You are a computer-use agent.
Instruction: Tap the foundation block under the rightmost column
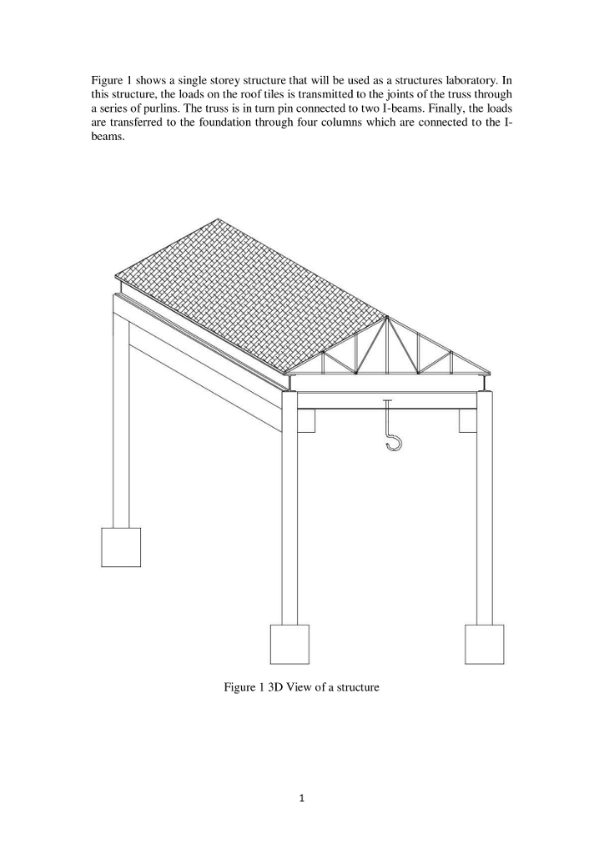(485, 644)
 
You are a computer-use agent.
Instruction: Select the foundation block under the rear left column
(121, 547)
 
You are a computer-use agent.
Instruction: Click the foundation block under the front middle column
(289, 644)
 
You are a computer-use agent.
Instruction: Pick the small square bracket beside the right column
(467, 421)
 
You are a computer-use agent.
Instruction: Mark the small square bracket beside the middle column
(306, 421)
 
